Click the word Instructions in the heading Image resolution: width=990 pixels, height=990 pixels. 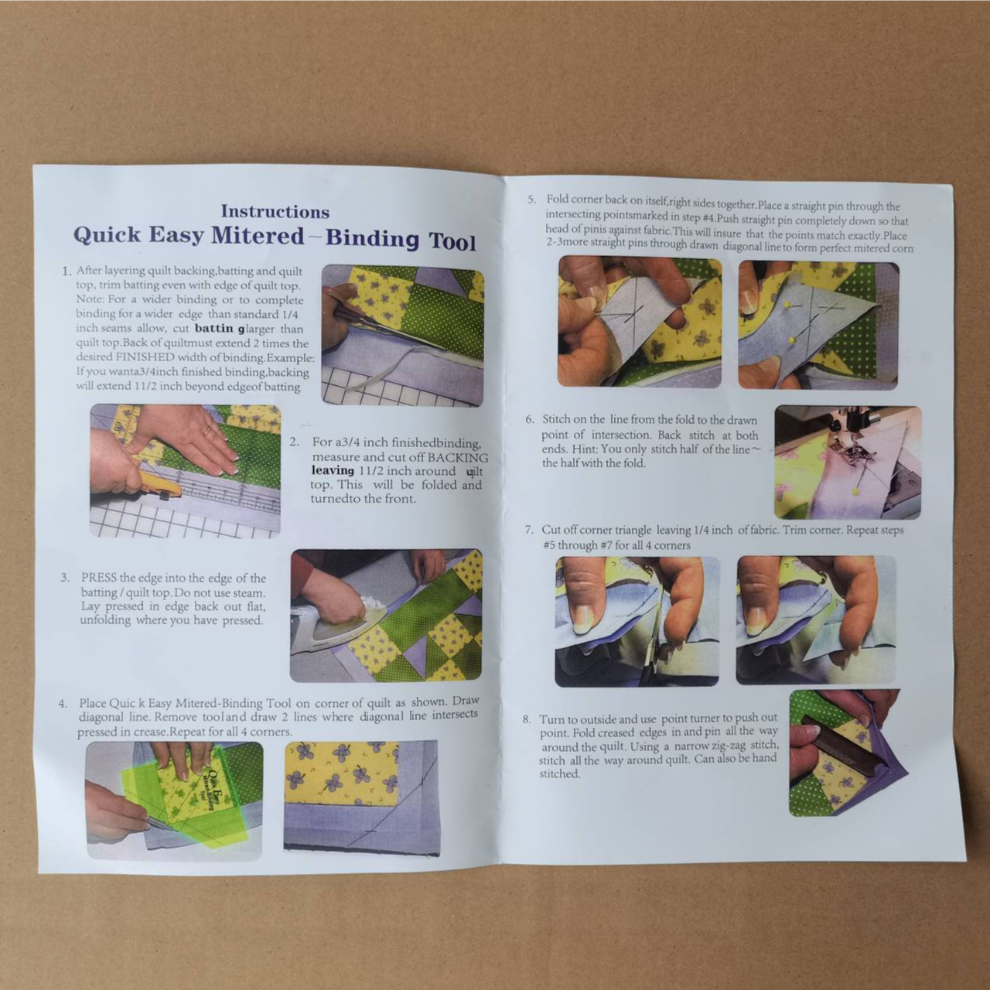(275, 211)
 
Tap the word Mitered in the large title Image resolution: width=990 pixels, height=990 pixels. (258, 236)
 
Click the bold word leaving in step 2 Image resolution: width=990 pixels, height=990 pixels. (333, 470)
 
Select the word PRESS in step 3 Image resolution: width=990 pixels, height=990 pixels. (99, 578)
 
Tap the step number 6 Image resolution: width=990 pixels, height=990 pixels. (529, 419)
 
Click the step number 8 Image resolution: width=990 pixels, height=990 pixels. (527, 719)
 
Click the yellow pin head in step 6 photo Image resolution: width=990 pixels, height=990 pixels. (856, 492)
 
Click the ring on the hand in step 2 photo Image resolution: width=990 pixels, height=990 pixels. (207, 431)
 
